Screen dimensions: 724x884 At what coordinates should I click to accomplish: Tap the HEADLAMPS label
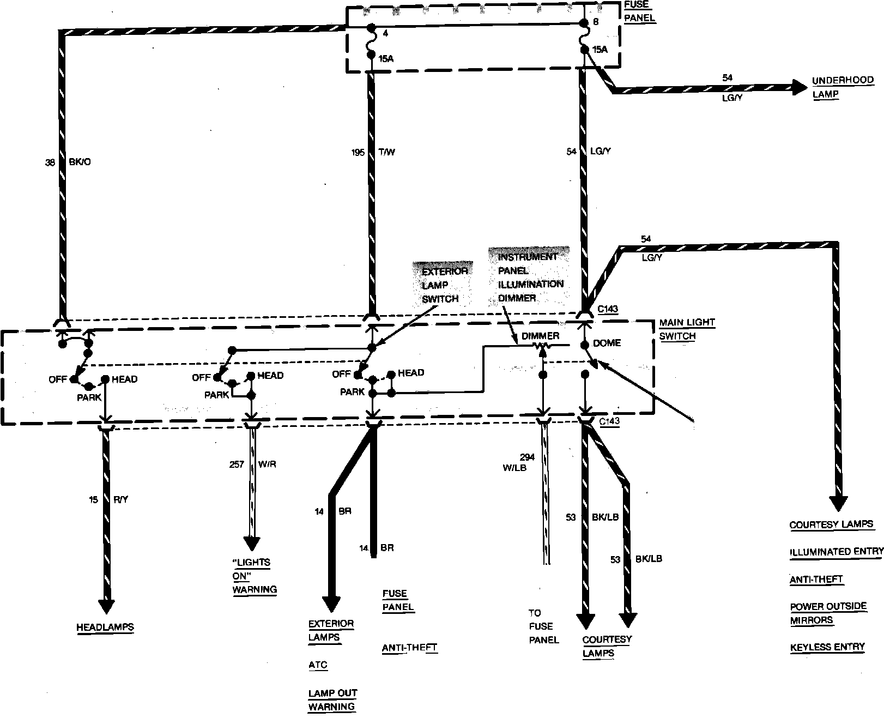[x=105, y=627]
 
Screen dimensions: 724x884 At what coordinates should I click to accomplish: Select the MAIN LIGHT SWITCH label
[x=687, y=329]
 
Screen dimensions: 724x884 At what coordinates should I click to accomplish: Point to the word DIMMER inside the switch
[x=540, y=336]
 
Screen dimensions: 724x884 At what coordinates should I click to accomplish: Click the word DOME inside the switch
[x=607, y=343]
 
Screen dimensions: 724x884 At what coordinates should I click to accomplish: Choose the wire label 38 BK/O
[x=68, y=162]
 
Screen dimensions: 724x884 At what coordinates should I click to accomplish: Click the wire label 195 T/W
[x=373, y=152]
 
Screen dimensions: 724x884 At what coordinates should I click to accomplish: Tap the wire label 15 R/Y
[x=108, y=499]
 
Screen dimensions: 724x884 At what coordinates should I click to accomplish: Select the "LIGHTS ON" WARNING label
[x=254, y=576]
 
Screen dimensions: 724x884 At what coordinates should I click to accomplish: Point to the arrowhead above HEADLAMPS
[x=106, y=606]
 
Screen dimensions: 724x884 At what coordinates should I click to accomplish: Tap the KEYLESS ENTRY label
[x=827, y=647]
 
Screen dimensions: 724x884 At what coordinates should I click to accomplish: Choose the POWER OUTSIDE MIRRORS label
[x=828, y=613]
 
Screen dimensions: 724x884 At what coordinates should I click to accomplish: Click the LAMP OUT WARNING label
[x=332, y=699]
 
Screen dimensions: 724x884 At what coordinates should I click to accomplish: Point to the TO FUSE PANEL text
[x=543, y=626]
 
